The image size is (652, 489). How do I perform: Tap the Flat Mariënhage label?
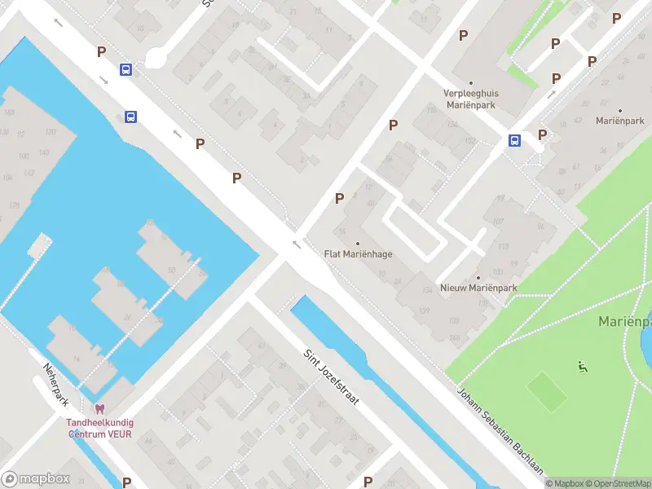(358, 254)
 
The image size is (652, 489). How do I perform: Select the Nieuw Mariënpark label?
(478, 289)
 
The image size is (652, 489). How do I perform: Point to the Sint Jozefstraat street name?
(332, 378)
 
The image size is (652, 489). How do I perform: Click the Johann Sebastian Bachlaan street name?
(500, 431)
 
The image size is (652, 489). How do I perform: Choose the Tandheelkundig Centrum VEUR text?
(100, 428)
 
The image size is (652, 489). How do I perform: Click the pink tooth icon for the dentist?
(100, 409)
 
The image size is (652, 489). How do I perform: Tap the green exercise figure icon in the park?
(582, 366)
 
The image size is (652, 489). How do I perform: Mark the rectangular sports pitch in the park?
(547, 391)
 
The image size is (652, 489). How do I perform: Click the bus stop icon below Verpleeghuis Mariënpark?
(515, 140)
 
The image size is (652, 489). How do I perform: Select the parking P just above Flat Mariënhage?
(340, 198)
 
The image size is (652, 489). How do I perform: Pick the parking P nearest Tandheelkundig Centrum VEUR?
(126, 482)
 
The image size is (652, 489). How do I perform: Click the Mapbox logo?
(36, 479)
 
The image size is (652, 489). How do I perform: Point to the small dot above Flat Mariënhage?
(358, 243)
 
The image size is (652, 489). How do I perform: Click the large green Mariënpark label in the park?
(624, 321)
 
